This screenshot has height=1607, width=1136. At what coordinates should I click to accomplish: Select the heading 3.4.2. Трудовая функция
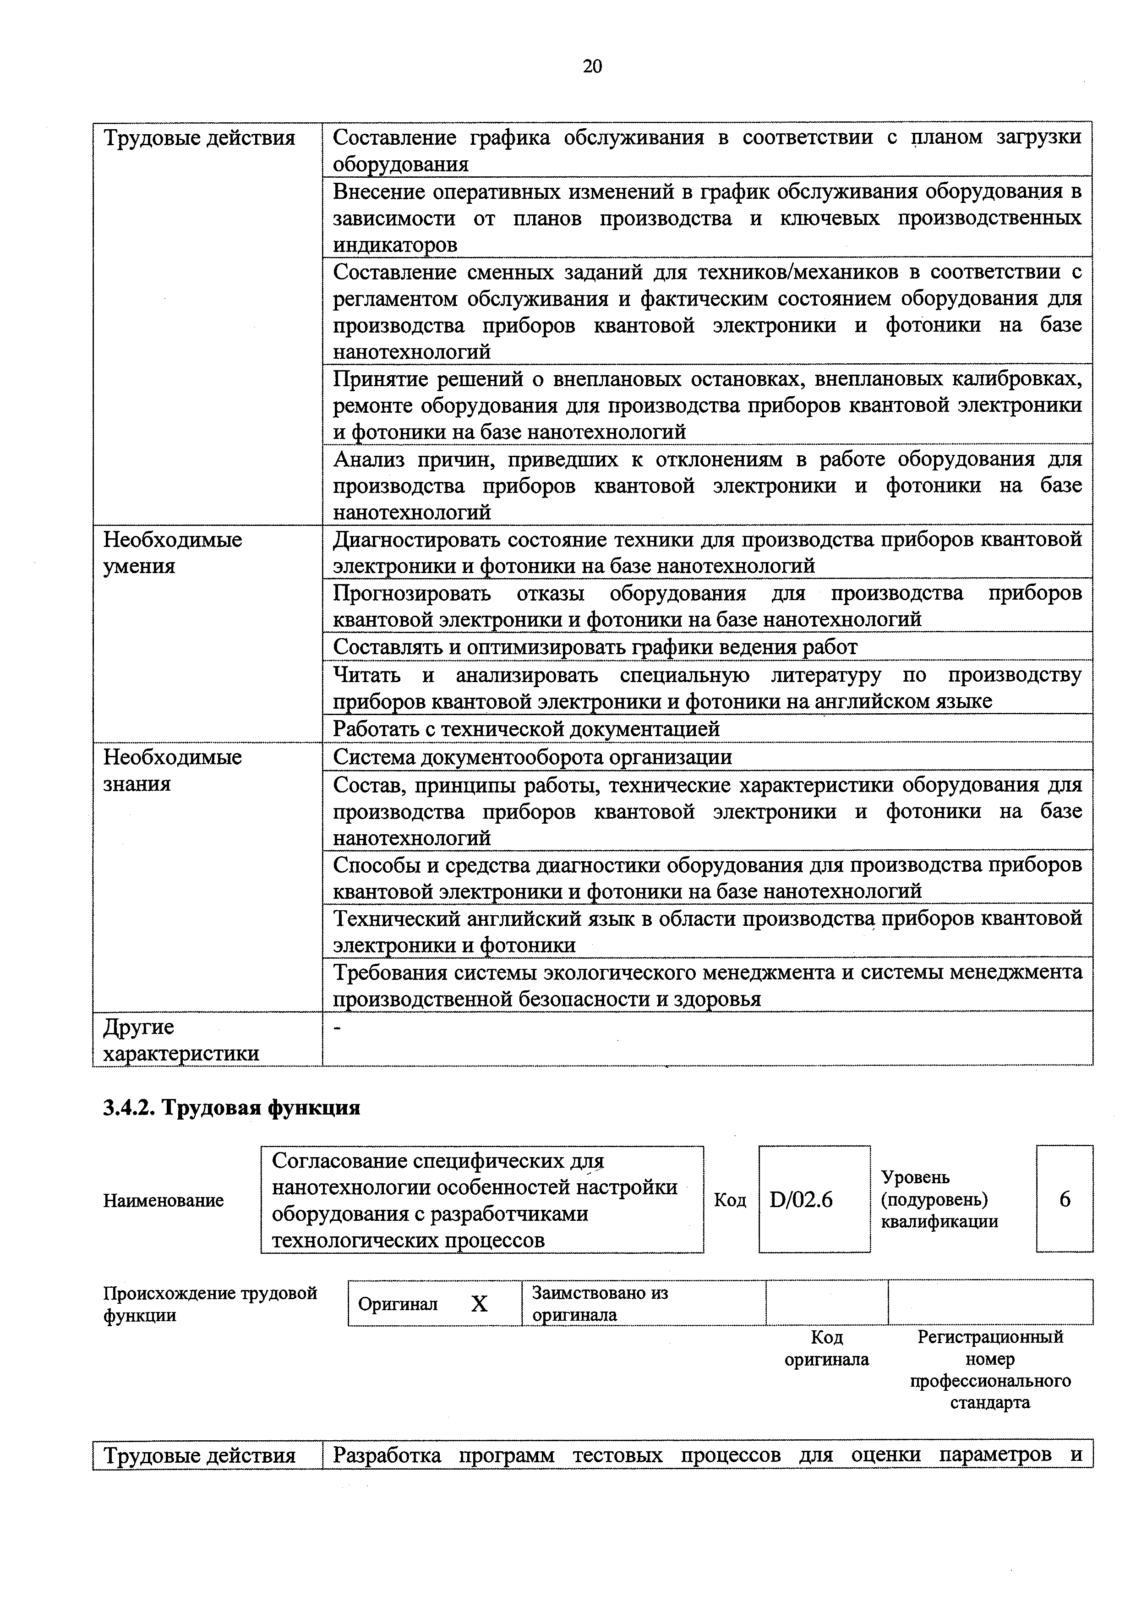click(232, 1108)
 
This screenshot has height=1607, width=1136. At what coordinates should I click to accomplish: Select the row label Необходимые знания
click(172, 770)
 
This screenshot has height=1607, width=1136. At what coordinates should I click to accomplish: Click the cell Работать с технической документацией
click(526, 729)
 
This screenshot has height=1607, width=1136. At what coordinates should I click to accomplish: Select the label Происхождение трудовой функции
click(210, 1303)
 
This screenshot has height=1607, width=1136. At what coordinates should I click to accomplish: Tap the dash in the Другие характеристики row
click(339, 1027)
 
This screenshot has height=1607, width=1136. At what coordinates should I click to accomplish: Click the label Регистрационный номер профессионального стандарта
click(990, 1370)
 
